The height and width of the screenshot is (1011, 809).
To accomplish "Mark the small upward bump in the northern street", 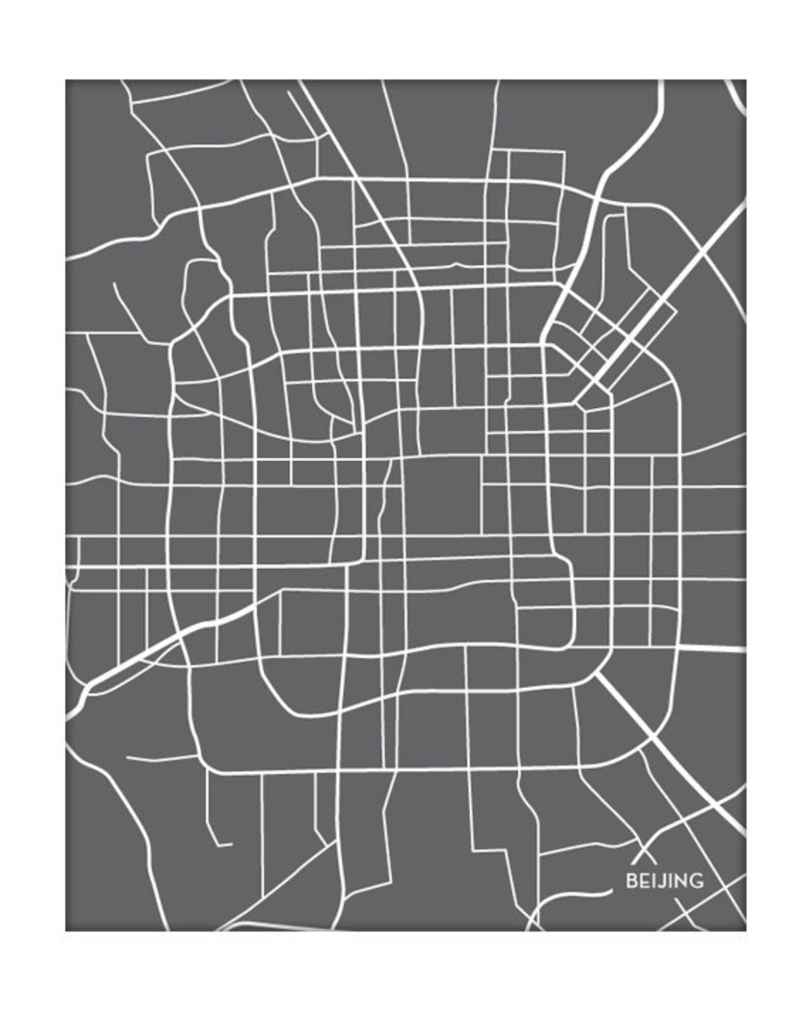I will tap(455, 264).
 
